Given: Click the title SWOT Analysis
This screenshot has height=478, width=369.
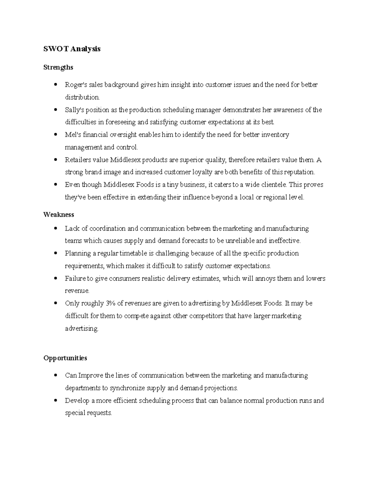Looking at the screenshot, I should [72, 49].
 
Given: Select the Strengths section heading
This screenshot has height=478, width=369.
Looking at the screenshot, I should [58, 67].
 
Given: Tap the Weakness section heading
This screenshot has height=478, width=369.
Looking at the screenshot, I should [59, 214].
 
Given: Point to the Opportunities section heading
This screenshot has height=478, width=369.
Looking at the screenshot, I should [65, 358].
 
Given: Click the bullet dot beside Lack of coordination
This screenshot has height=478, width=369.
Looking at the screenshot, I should [55, 228].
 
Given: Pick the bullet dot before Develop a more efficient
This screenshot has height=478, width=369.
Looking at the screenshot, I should [55, 401].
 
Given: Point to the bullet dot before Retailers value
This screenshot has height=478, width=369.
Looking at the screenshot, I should [55, 160].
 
